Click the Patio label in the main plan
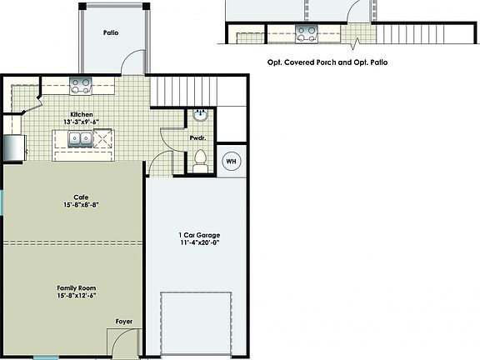pyautogui.click(x=111, y=33)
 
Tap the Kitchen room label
pyautogui.click(x=81, y=114)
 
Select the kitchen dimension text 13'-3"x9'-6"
pyautogui.click(x=81, y=122)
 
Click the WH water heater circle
pyautogui.click(x=232, y=161)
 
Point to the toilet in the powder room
pyautogui.click(x=200, y=158)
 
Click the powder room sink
pyautogui.click(x=201, y=113)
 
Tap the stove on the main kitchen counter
pyautogui.click(x=81, y=82)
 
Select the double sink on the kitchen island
pyautogui.click(x=79, y=138)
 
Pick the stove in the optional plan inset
pyautogui.click(x=307, y=34)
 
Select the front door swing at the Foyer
pyautogui.click(x=121, y=341)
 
